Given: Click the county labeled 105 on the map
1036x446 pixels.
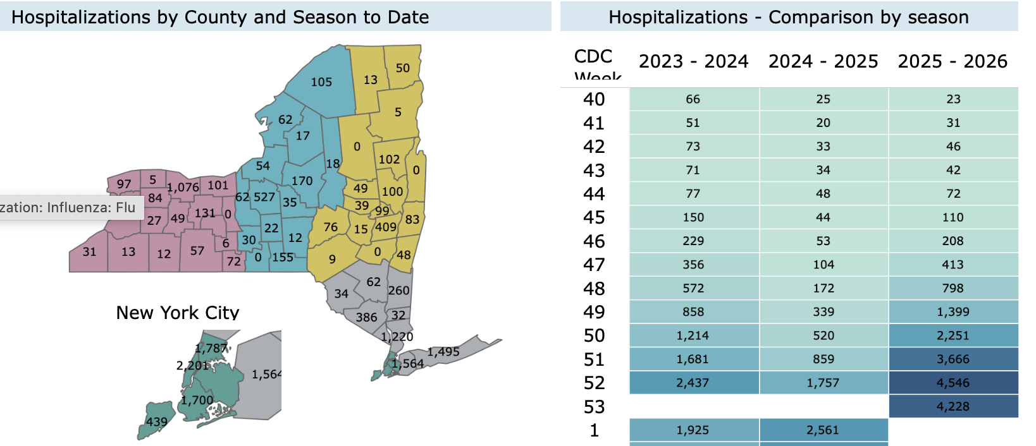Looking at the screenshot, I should (321, 82).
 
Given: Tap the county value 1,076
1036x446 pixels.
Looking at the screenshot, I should (183, 187).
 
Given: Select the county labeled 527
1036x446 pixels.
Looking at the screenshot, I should (264, 197).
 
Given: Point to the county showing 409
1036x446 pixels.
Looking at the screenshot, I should (386, 227).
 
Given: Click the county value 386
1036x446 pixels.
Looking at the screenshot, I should (366, 317).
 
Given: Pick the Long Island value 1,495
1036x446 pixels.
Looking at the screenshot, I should (443, 352).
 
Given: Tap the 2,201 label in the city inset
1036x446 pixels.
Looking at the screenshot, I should (192, 365).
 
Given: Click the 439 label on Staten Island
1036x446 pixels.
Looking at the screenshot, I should (157, 422).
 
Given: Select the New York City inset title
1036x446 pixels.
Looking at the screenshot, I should (177, 313).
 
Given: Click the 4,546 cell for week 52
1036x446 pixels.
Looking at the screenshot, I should (953, 383).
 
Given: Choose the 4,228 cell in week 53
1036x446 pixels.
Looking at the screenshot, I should (953, 407).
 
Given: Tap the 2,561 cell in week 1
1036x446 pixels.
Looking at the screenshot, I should (823, 430).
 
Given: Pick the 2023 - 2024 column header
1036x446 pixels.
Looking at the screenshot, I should (693, 61).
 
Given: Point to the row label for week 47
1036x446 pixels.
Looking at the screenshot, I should (594, 265).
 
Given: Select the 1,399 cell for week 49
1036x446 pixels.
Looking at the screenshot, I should (953, 312).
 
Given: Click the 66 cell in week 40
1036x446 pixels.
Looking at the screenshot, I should (693, 99).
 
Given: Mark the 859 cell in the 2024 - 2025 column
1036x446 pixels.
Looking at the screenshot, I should (823, 359).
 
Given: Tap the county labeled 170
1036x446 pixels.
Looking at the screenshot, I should (302, 181).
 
